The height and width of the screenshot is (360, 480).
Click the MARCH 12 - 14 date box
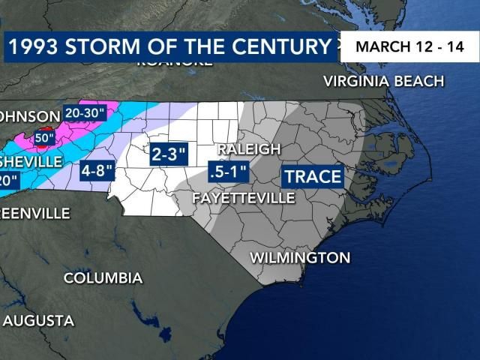(x=409, y=46)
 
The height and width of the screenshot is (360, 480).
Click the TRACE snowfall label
(x=311, y=177)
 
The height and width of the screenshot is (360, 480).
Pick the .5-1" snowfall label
(x=228, y=172)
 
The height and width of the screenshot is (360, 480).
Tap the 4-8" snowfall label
(x=97, y=170)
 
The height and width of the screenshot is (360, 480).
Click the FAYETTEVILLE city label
(x=244, y=199)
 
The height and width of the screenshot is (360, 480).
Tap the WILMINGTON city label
(x=299, y=258)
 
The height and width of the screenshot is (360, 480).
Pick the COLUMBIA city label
(x=103, y=278)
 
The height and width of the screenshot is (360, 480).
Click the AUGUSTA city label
(x=38, y=321)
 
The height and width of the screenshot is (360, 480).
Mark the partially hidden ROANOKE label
(x=174, y=63)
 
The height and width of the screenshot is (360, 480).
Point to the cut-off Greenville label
(x=34, y=214)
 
